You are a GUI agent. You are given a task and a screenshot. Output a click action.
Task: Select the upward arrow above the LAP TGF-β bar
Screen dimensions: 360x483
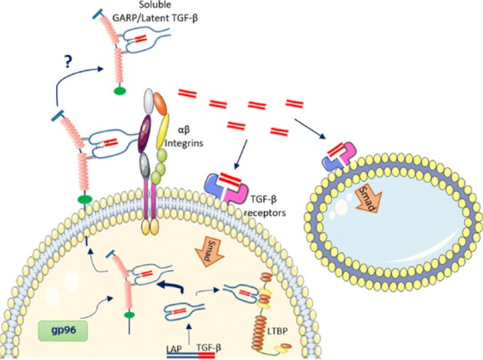[x=188, y=331]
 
